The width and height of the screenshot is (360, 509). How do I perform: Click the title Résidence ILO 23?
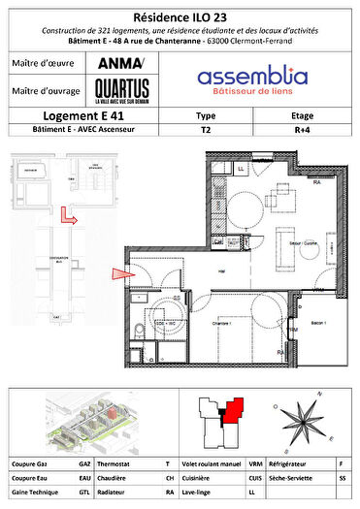[180, 16]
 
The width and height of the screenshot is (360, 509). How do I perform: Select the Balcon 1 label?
[320, 319]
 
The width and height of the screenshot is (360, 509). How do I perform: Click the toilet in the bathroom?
[142, 332]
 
